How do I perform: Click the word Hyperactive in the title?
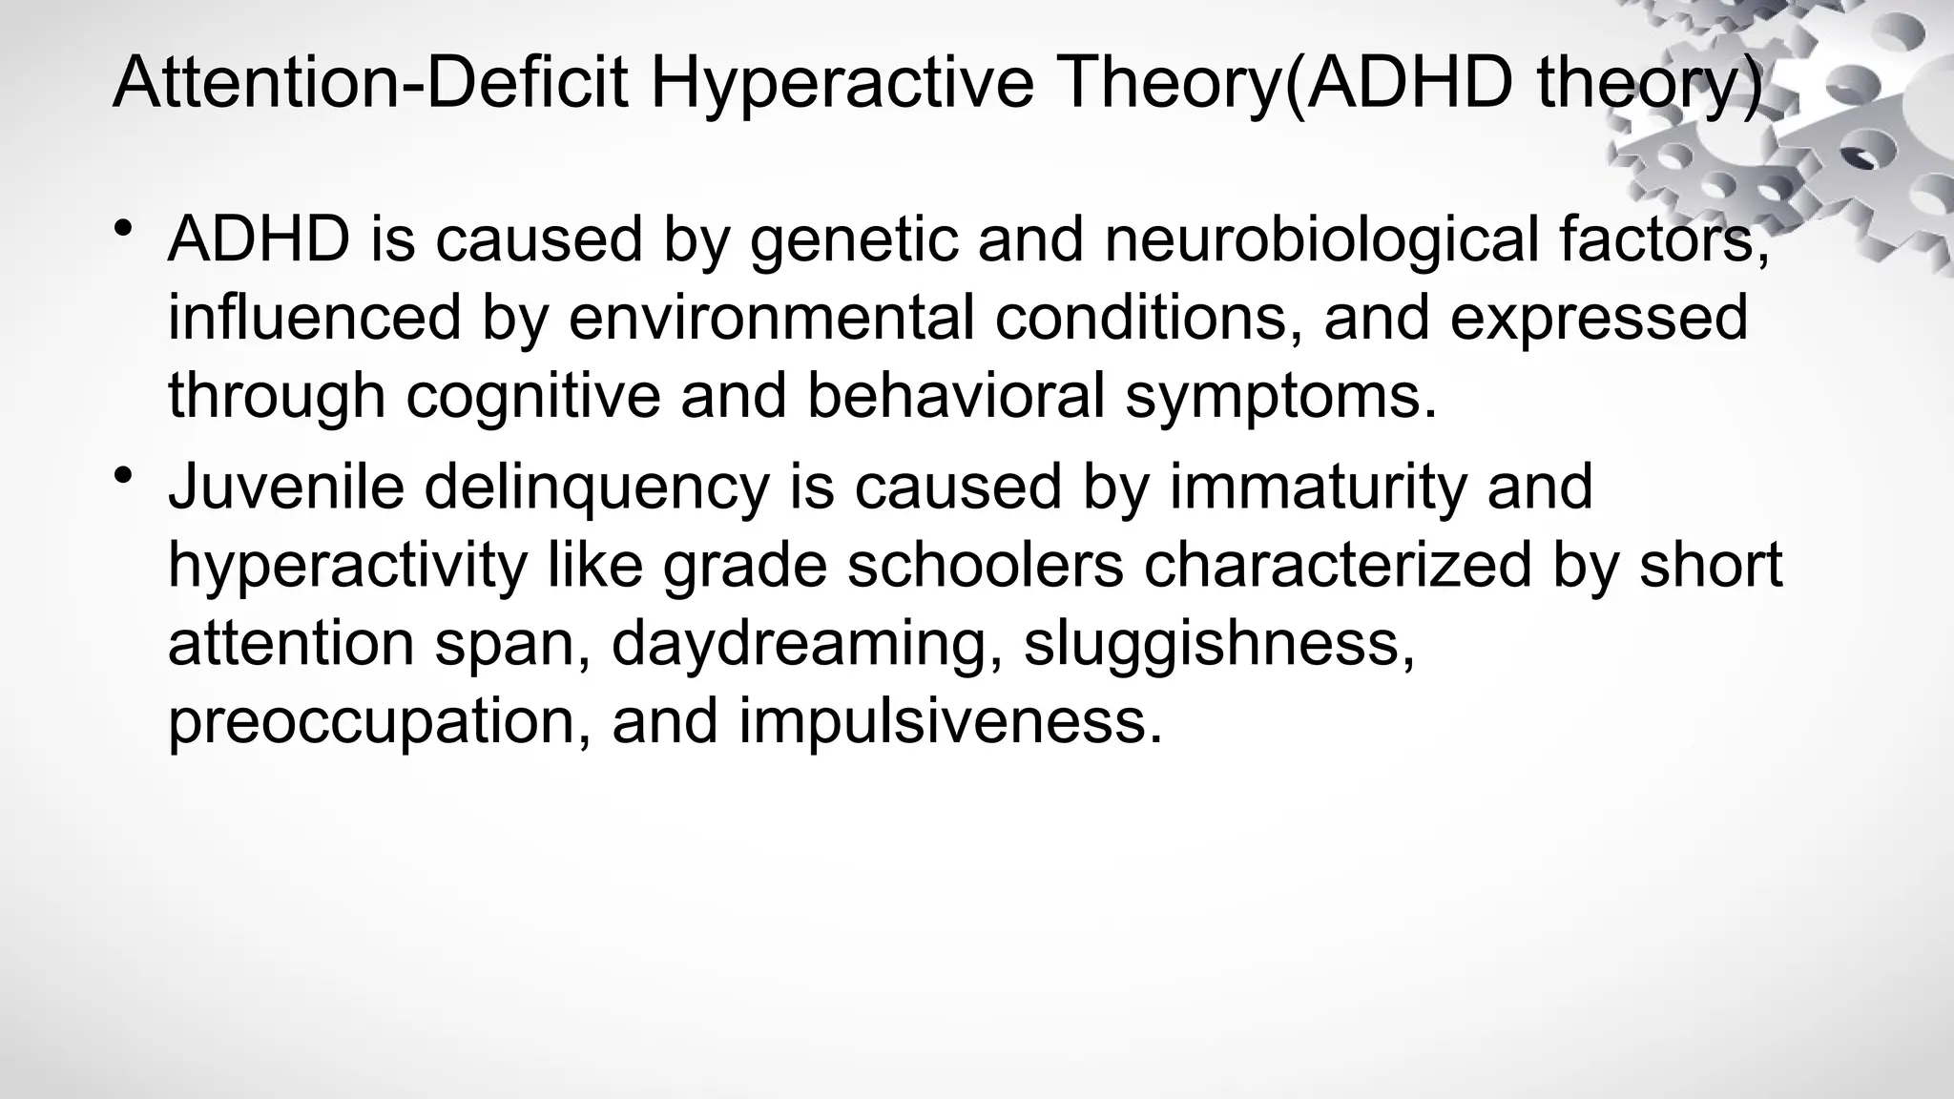click(842, 82)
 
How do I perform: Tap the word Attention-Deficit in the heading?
click(370, 82)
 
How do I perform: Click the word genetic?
click(854, 240)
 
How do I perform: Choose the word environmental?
click(772, 318)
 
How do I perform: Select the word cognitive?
click(533, 396)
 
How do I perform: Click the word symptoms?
click(1280, 398)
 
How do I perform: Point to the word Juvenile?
click(286, 487)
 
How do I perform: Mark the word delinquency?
click(596, 488)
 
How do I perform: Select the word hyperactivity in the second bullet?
click(347, 567)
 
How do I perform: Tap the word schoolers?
click(986, 565)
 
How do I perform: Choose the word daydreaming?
click(806, 645)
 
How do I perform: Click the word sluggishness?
click(1218, 645)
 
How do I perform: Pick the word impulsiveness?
click(951, 723)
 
